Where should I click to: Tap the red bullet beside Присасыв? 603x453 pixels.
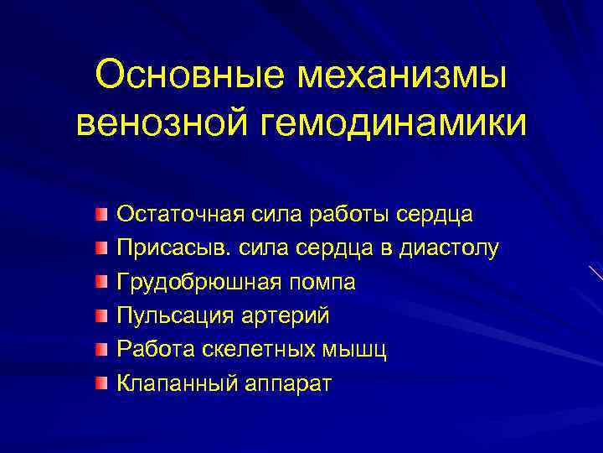(101, 248)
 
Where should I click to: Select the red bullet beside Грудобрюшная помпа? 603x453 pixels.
(101, 282)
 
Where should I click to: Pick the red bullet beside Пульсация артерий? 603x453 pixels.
(101, 316)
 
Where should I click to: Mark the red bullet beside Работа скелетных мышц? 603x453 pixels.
(101, 350)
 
